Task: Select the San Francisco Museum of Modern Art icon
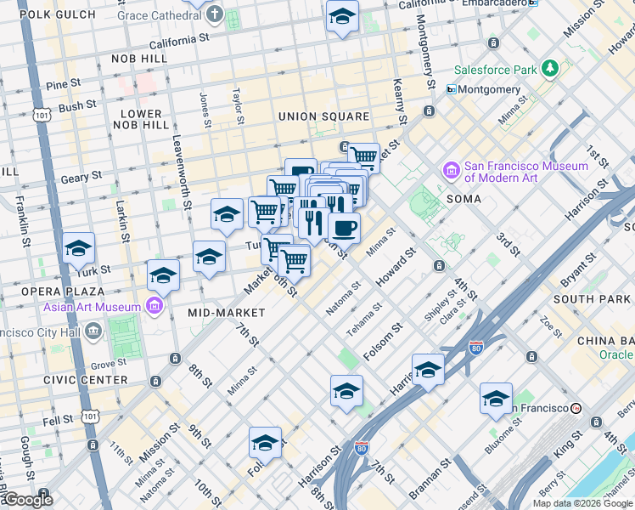coord(451,173)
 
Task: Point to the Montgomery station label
coord(490,89)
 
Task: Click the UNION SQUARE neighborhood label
coord(323,116)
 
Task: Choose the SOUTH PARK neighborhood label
coord(590,299)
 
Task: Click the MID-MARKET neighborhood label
coord(226,313)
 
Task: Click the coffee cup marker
coord(344,228)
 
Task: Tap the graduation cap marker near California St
coord(342,16)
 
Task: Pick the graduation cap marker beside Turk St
coord(79,248)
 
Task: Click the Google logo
coord(28,500)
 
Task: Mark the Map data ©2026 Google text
coord(582,502)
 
